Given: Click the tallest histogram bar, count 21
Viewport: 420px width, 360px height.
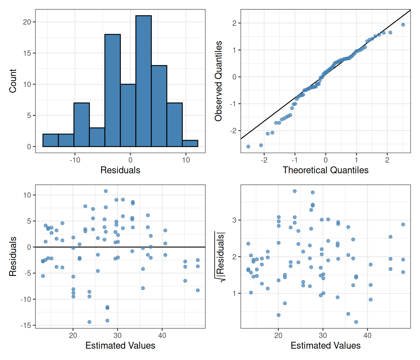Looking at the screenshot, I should coord(143,81).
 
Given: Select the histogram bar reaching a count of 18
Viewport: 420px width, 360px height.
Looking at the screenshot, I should coord(112,91).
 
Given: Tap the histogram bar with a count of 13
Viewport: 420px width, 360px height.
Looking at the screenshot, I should coord(159,106).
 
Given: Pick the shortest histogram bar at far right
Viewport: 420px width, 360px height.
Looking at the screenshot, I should coord(190,143).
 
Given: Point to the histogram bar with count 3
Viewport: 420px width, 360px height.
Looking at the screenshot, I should coord(97,137).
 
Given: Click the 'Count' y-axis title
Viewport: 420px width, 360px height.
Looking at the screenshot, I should coord(13,81).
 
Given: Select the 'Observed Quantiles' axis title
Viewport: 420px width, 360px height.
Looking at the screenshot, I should coord(218,81).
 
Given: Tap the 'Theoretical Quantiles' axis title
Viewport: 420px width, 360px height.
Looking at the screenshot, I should coord(325,170).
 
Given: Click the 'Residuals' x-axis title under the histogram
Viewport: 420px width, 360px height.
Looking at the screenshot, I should coord(120,170).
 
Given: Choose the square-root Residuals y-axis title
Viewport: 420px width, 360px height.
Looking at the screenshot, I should coord(220,257).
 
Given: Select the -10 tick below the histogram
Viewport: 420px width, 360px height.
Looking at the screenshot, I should coord(75,160).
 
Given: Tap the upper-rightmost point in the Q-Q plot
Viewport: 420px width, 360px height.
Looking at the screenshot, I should coord(403,25).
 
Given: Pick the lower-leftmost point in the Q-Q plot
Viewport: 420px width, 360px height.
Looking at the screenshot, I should coord(248,147).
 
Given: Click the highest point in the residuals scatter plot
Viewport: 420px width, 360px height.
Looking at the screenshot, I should coord(106,191).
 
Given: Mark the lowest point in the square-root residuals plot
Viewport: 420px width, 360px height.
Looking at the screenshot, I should coord(356,322).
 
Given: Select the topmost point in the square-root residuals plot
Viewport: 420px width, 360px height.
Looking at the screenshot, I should coord(295,191).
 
